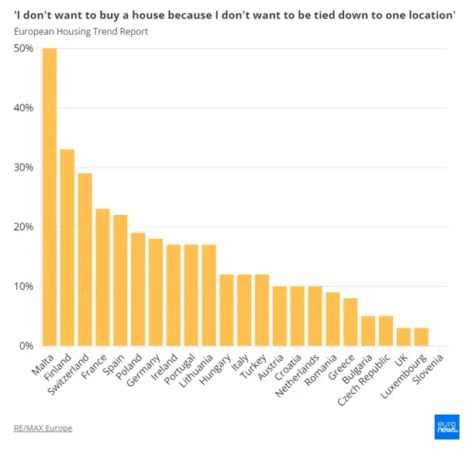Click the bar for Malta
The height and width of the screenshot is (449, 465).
coord(50,197)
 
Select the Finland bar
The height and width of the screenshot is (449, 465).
coord(67,247)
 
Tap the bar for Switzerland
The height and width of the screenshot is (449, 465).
coord(85,259)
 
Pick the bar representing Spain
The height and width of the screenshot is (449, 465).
coord(120,280)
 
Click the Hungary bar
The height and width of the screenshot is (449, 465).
coord(226,309)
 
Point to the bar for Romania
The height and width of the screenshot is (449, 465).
coord(332,319)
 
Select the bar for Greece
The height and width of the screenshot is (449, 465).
coord(350,322)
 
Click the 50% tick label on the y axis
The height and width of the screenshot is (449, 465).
coord(23,48)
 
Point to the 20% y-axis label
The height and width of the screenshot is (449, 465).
coord(23,227)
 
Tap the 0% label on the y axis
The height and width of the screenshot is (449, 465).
coord(26,346)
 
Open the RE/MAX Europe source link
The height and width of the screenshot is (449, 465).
coord(43,428)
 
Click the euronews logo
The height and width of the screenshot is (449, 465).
coord(446,427)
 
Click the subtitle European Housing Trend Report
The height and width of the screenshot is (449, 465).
coord(81,32)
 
